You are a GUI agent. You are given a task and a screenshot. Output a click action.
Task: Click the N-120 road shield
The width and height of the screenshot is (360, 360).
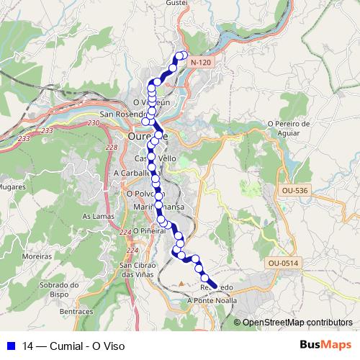[202, 63]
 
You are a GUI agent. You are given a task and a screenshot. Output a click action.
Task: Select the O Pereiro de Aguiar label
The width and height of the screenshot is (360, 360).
[288, 127]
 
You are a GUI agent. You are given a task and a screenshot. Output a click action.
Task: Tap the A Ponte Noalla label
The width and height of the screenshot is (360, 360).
[212, 300]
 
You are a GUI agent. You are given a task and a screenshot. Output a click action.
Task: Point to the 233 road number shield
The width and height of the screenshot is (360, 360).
[48, 130]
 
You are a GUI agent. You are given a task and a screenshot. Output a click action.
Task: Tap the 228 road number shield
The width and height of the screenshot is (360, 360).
[111, 147]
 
